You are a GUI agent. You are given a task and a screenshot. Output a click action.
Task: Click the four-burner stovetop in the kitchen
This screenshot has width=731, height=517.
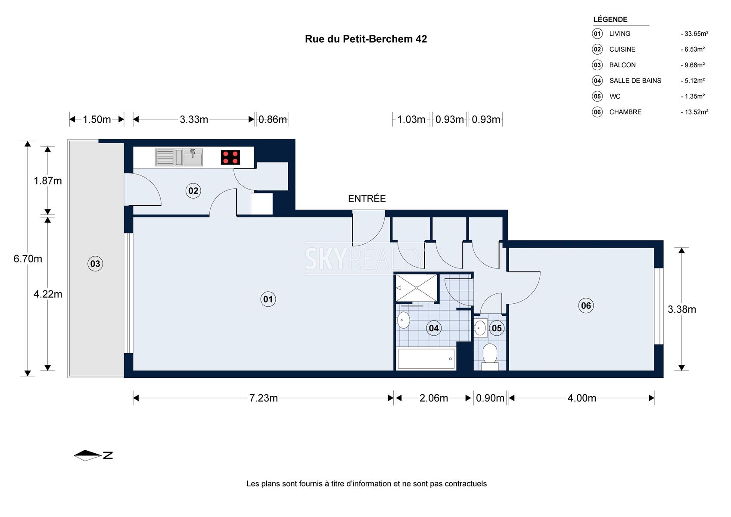point(230,157)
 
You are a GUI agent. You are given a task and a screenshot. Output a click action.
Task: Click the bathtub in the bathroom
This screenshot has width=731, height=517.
point(426,359)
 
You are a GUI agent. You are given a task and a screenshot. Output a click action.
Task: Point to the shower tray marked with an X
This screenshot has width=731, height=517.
point(417,288)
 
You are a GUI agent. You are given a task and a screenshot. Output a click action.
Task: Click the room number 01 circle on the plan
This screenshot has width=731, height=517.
point(268,299)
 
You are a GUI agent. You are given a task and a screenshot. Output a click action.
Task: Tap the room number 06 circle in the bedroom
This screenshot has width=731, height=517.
point(586,305)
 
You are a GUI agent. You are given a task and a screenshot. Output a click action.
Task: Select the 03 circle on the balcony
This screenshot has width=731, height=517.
point(95,263)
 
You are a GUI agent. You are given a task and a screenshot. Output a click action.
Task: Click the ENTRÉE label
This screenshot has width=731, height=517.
point(367,199)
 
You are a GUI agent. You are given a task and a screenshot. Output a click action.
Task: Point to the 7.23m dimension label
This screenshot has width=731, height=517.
point(263,398)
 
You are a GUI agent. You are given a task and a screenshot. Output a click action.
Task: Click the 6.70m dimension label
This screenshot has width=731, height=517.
point(28,259)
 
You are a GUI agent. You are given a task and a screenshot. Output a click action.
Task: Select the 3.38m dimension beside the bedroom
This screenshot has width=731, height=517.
point(682,309)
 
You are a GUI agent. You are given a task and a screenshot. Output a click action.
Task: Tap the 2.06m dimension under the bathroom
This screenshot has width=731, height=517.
point(434,398)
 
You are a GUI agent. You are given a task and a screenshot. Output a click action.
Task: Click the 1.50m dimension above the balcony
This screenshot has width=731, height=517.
point(96,119)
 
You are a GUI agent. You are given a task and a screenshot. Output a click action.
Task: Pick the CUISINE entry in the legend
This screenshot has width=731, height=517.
point(622,49)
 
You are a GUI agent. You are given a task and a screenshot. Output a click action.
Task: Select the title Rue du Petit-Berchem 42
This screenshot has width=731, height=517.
point(366,39)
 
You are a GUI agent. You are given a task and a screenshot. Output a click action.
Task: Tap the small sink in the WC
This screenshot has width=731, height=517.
point(480,328)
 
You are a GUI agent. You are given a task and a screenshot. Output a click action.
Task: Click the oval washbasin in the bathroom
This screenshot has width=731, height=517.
point(403,320)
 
